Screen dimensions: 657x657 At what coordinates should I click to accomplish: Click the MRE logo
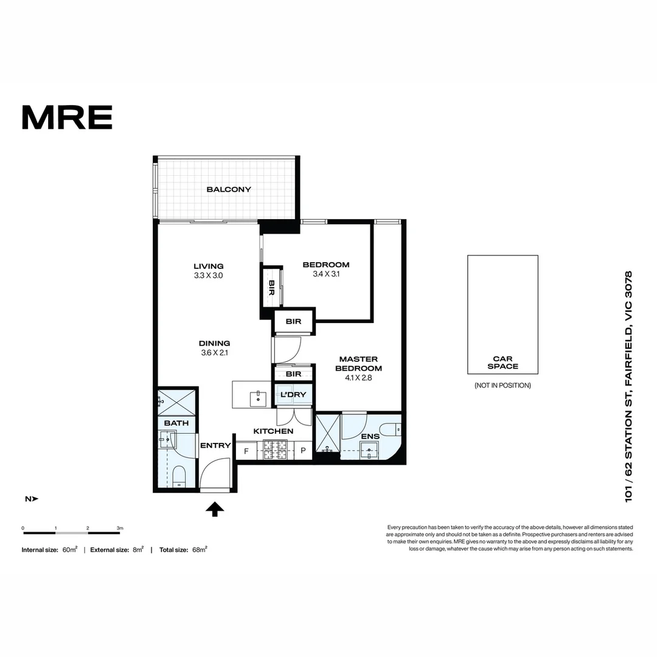click(x=67, y=117)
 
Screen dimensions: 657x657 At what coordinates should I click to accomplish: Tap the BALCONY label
click(x=229, y=189)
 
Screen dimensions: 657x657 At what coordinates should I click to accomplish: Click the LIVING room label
click(x=209, y=266)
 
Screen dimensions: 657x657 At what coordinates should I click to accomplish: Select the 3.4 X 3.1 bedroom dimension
click(x=326, y=274)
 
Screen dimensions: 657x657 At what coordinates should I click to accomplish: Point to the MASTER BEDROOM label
click(x=359, y=364)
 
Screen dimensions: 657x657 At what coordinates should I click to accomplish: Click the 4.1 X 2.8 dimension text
click(x=359, y=378)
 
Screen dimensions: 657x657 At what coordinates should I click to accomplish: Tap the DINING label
click(x=214, y=343)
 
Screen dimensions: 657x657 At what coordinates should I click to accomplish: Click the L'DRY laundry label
click(x=294, y=395)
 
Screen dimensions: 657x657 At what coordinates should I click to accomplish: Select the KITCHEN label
click(x=273, y=431)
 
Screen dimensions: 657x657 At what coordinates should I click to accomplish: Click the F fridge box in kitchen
click(x=246, y=451)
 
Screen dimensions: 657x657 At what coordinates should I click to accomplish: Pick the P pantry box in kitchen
click(x=304, y=451)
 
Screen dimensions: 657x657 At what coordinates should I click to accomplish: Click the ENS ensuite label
click(x=370, y=436)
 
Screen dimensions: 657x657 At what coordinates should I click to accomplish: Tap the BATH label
click(x=176, y=423)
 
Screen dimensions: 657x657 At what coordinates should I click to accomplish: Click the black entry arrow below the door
click(x=215, y=509)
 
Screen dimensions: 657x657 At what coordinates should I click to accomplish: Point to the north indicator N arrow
click(x=32, y=499)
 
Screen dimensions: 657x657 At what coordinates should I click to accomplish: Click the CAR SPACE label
click(x=502, y=363)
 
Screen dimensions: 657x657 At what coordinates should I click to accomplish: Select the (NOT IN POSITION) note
click(x=502, y=385)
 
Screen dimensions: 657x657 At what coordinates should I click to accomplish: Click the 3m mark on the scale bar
click(x=120, y=528)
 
